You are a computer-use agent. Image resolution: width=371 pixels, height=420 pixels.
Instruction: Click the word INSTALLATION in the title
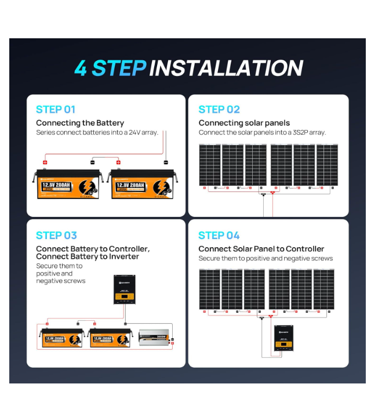pyautogui.click(x=226, y=68)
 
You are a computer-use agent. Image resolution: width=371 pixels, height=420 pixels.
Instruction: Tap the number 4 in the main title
pyautogui.click(x=81, y=68)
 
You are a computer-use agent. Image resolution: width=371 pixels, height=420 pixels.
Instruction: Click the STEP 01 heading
pyautogui.click(x=56, y=109)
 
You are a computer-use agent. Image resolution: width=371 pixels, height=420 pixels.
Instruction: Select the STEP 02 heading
pyautogui.click(x=219, y=109)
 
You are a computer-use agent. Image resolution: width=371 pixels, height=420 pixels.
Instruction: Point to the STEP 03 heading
pyautogui.click(x=56, y=235)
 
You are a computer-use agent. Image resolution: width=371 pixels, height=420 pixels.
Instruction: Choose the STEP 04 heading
pyautogui.click(x=219, y=235)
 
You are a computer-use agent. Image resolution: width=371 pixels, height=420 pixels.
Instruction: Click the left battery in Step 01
pyautogui.click(x=70, y=184)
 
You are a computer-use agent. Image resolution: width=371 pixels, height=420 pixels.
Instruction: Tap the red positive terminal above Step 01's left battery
pyautogui.click(x=45, y=162)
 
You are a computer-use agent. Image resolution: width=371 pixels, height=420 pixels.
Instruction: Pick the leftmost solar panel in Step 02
pyautogui.click(x=210, y=165)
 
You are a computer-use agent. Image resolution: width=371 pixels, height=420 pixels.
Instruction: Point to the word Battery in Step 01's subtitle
pyautogui.click(x=110, y=123)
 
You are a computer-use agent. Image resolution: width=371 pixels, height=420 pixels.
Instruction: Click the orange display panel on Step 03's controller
pyautogui.click(x=124, y=298)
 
